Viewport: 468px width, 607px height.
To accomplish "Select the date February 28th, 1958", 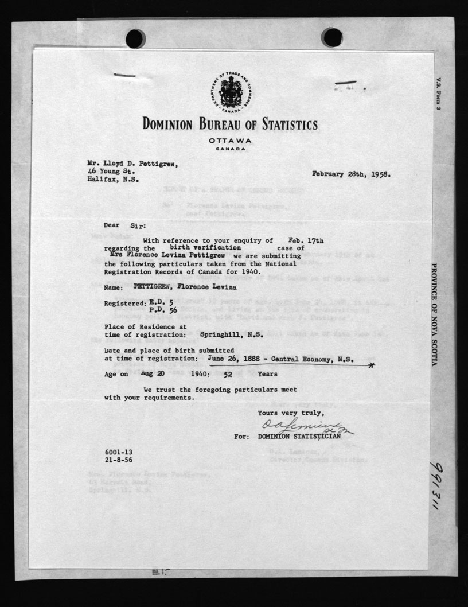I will click(352, 174).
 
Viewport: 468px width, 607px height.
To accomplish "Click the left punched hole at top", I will click(136, 38).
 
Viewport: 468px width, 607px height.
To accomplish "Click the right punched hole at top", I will click(332, 37).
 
